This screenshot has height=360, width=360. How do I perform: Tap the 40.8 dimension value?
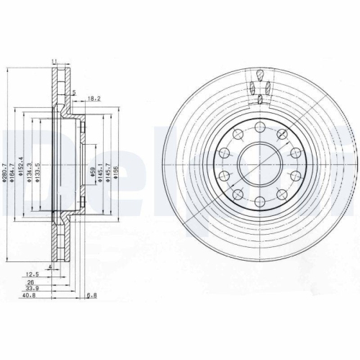(30, 294)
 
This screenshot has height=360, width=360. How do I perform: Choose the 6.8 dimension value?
(91, 294)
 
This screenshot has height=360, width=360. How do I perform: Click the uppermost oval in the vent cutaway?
(258, 73)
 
